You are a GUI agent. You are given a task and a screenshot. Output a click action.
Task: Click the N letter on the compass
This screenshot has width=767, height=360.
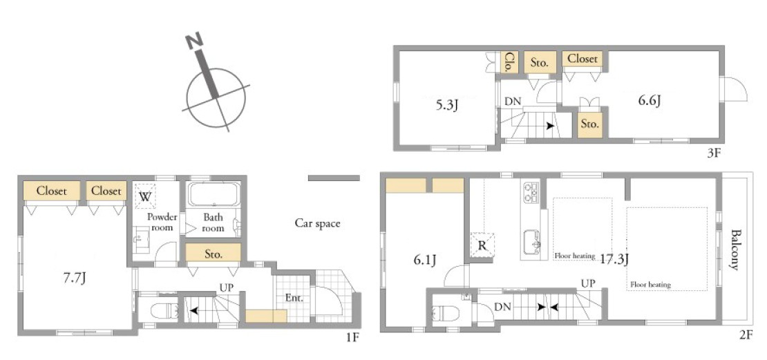click(194, 43)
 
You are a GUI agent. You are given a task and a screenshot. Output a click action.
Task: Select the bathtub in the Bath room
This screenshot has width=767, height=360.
click(214, 194)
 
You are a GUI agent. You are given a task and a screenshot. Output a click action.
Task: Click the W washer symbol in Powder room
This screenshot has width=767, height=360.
click(145, 197)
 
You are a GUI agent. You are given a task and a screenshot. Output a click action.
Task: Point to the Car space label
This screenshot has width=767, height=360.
click(317, 224)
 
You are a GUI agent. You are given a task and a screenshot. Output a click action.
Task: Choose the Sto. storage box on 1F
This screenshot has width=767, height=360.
click(214, 254)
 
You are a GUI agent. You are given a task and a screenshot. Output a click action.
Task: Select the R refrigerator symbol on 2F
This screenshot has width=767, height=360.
click(482, 245)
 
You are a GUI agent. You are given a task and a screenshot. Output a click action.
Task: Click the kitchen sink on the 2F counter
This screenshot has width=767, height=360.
click(531, 242)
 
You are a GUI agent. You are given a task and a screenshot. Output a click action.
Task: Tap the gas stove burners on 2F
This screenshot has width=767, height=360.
click(531, 192)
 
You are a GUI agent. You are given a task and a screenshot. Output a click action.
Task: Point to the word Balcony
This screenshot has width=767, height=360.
click(735, 249)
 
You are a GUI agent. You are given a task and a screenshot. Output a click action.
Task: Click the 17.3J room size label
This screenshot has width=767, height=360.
click(614, 258)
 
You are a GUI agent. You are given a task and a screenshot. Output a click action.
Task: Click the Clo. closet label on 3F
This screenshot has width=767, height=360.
click(509, 61)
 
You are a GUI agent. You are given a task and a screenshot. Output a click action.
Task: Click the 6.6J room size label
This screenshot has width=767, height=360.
click(650, 101)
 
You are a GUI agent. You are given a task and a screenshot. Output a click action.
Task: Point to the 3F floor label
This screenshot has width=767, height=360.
click(713, 153)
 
